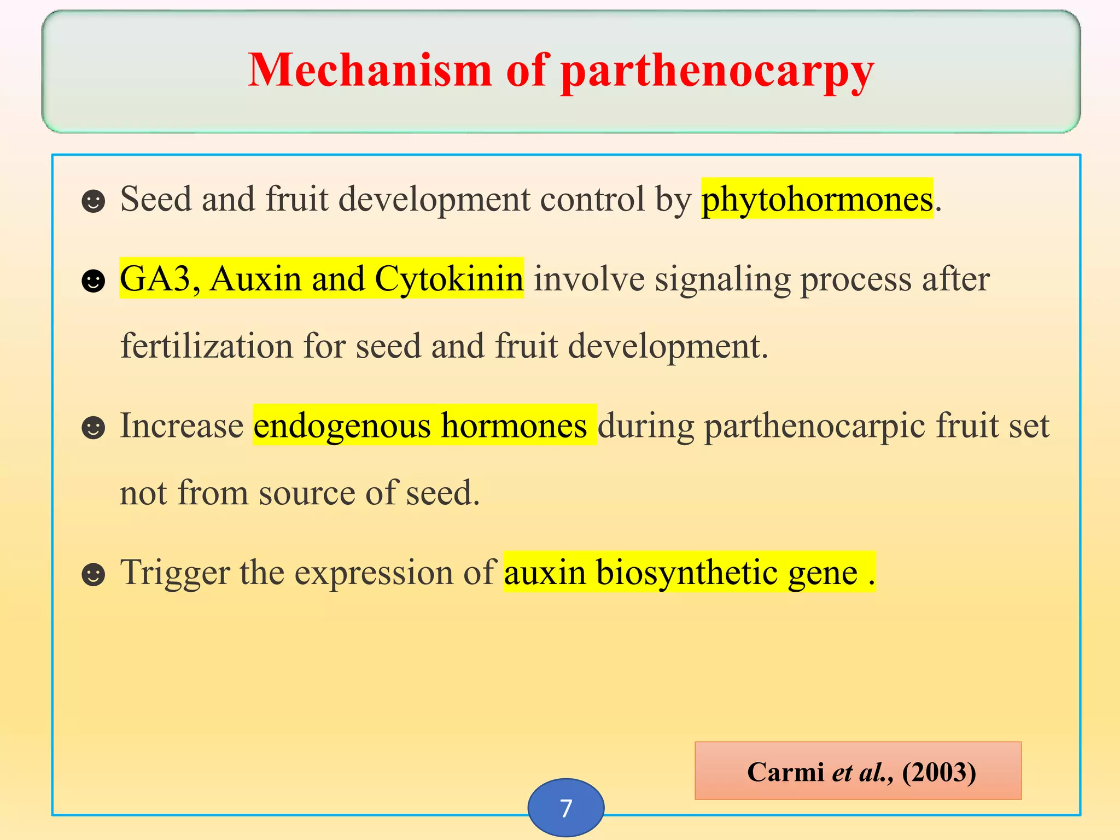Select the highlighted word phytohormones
pos(817,199)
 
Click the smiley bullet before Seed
pos(93,201)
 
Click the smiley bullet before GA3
pos(93,281)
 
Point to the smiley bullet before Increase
pos(93,428)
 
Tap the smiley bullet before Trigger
pos(93,574)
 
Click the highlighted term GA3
pos(155,279)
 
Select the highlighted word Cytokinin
pos(448,279)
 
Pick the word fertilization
pos(206,346)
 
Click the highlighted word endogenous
pos(342,426)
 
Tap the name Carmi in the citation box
pos(785,772)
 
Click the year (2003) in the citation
pos(938,772)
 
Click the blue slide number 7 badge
pos(566,808)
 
